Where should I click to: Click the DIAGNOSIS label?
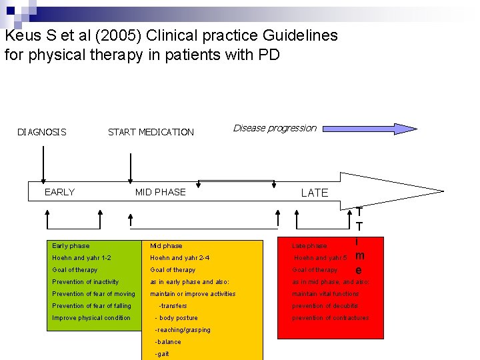pos(41,132)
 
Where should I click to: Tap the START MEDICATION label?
pos(151,132)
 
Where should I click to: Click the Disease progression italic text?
pos(275,128)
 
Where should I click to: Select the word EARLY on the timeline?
pos(59,192)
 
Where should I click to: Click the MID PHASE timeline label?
pos(160,192)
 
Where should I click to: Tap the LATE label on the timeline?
pos(315,193)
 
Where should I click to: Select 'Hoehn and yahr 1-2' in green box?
pos(81,258)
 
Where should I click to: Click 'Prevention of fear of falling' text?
pos(91,306)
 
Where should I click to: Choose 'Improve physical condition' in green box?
pos(91,318)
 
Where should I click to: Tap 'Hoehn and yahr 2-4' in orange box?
pos(180,258)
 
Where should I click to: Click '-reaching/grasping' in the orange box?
pos(182,330)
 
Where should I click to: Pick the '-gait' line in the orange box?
pos(162,354)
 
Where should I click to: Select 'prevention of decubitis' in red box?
pos(325,306)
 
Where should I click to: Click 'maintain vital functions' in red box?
pos(325,294)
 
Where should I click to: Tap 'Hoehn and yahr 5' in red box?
pos(321,258)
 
